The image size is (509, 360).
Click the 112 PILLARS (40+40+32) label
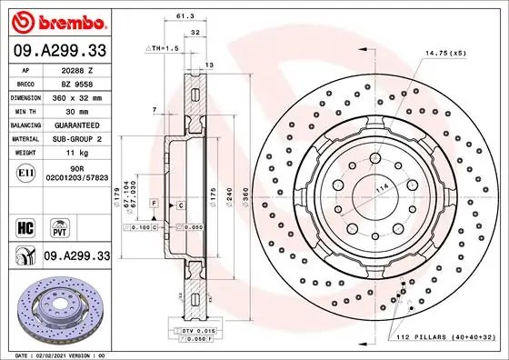click(x=447, y=336)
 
